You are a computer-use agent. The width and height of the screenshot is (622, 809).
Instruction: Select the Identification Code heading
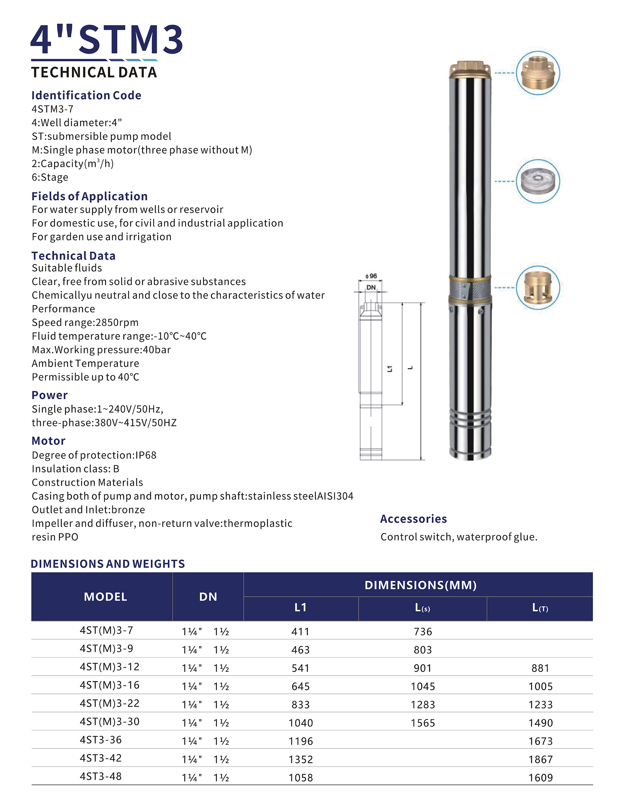point(86,95)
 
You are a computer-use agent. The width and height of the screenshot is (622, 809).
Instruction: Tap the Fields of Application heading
point(89,196)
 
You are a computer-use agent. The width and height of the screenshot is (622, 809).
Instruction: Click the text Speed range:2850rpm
point(85,322)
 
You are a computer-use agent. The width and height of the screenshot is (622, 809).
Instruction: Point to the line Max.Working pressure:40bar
point(101,350)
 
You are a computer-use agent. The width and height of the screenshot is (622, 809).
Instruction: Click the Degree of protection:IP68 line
point(94,455)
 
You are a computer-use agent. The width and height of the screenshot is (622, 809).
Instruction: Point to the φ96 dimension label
point(371,276)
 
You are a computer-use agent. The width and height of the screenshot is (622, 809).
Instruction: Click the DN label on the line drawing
point(371,288)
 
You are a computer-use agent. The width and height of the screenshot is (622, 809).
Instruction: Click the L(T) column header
point(540,608)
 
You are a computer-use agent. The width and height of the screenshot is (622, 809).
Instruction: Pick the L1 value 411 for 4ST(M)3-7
point(300,632)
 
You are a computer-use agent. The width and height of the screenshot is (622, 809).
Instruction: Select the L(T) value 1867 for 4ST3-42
point(540,760)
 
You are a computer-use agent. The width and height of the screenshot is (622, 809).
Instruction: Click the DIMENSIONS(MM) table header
point(420,585)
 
